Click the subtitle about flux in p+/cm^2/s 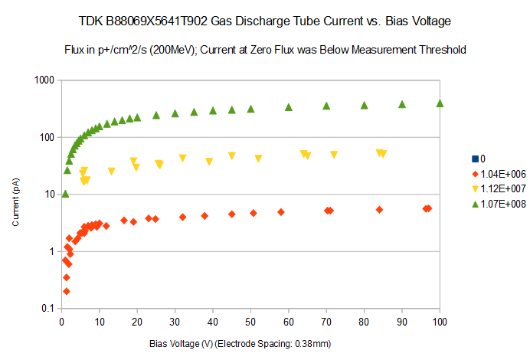click(265, 50)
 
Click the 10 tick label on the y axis click(49, 195)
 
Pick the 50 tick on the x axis click(250, 323)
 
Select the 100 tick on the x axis click(439, 323)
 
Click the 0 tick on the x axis click(61, 323)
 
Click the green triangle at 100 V click(440, 103)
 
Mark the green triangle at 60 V click(289, 107)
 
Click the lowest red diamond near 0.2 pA click(67, 291)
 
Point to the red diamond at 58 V click(281, 212)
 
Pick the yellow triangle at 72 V click(334, 155)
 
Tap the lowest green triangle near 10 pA click(65, 194)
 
